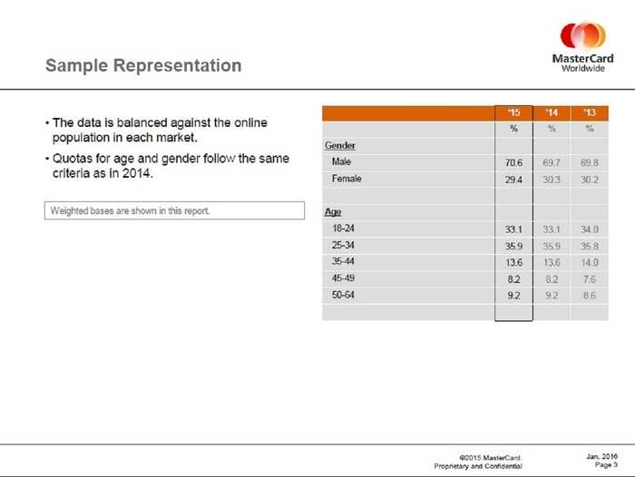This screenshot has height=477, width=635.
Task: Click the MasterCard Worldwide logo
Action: (582, 47)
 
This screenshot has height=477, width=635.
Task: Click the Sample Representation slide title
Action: (143, 65)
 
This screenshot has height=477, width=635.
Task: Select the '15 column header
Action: (513, 112)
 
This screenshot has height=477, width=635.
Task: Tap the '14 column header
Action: (552, 112)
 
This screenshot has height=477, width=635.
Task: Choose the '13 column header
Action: (590, 112)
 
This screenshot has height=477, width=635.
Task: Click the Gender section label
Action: (340, 145)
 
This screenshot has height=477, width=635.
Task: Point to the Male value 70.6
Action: (513, 163)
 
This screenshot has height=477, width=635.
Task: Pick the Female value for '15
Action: (513, 180)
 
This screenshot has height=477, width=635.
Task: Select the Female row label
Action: (347, 179)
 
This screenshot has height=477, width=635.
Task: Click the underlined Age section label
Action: (333, 212)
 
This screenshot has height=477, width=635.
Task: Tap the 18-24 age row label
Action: (343, 229)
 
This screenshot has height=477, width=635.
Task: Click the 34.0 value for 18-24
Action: (590, 229)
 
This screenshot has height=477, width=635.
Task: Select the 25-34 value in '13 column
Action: (590, 246)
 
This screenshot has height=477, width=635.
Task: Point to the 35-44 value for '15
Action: (513, 263)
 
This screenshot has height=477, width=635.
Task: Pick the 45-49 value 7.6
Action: (590, 279)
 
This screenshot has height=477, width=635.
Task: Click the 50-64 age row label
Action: (343, 295)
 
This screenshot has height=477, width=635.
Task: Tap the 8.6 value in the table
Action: (590, 296)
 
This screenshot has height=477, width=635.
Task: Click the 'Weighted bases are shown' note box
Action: (174, 210)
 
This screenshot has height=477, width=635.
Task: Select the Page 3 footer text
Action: (606, 465)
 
